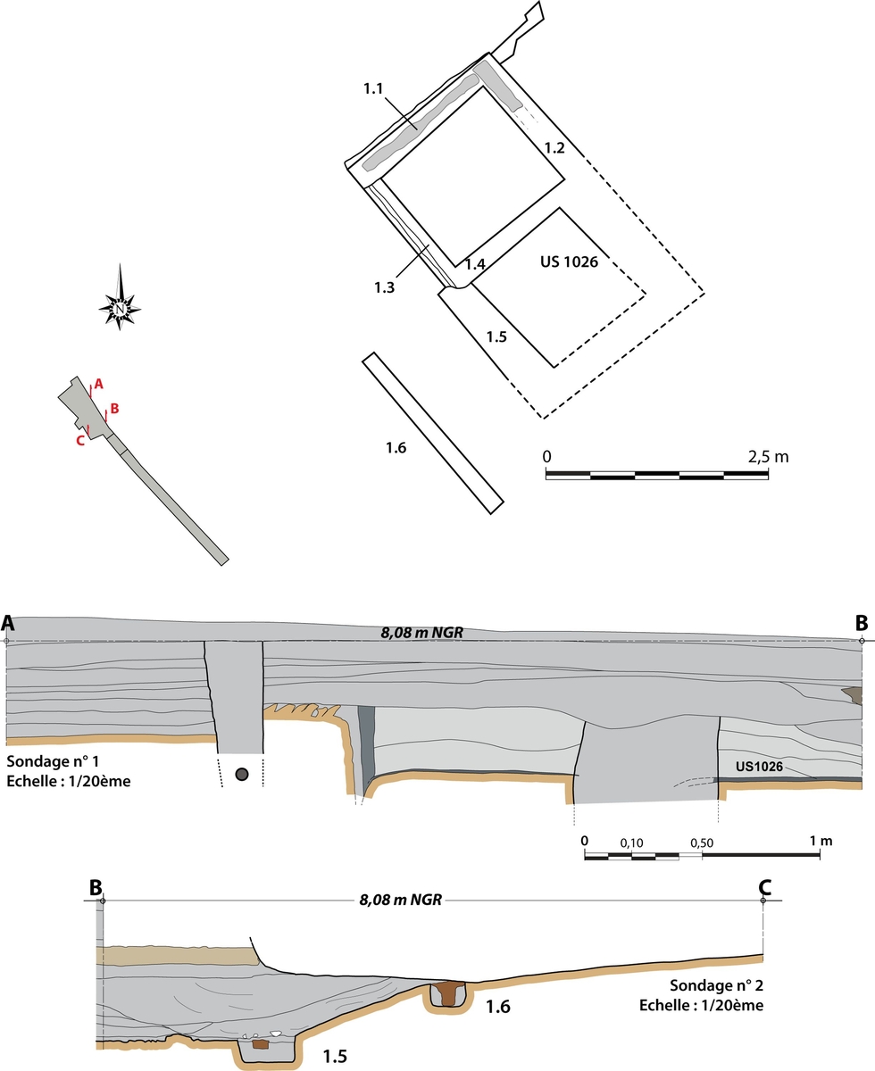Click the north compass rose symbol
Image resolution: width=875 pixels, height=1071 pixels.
(x=120, y=298)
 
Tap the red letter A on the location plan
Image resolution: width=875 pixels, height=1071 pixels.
(x=99, y=384)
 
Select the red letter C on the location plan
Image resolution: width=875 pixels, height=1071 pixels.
(x=80, y=440)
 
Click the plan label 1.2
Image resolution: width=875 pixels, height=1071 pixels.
(x=554, y=148)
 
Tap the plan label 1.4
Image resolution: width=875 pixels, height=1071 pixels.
(x=475, y=265)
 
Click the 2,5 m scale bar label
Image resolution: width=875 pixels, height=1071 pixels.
(x=769, y=457)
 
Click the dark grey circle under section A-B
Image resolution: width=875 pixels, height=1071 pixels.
(x=240, y=775)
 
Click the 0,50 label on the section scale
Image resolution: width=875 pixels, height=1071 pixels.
(x=702, y=842)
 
